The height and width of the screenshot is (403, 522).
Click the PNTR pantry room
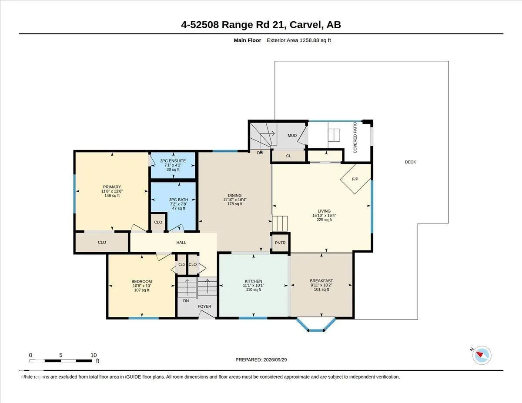[x=280, y=243]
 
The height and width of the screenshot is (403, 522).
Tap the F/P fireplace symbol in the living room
[x=355, y=179]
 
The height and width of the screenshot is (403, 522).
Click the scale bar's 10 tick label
[x=94, y=355]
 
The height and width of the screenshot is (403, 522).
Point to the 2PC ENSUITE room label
[x=173, y=161]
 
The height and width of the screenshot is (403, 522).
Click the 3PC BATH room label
[x=178, y=200]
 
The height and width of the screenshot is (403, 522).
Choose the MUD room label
[x=292, y=136]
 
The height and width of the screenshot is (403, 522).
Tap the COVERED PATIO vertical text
[x=355, y=137]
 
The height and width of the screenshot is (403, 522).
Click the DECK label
[x=410, y=162]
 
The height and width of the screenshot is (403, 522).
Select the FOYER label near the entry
[x=204, y=306]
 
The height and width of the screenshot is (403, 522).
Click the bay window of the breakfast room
[x=316, y=324]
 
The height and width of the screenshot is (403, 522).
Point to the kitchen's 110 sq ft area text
[x=254, y=290]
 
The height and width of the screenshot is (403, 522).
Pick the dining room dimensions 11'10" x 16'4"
[x=235, y=200]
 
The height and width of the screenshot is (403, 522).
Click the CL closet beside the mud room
[x=288, y=156]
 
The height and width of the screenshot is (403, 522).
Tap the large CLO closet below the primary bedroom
[x=102, y=243]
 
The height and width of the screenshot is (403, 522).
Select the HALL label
[x=181, y=243]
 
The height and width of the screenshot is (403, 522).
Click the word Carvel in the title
[x=305, y=25]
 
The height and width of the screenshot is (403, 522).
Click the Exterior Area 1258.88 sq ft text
[x=298, y=40]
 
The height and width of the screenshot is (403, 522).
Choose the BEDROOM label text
[x=141, y=282]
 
